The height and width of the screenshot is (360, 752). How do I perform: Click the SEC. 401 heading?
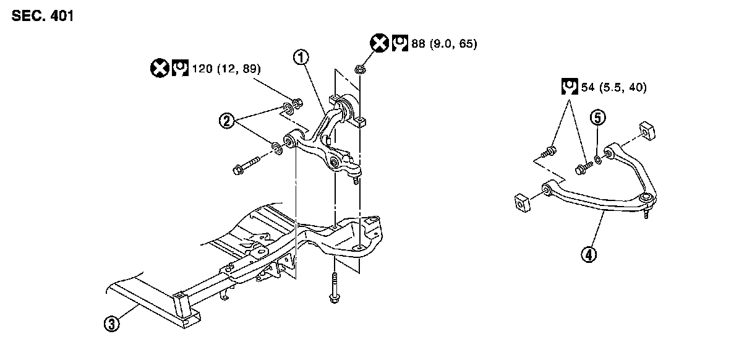coord(42,17)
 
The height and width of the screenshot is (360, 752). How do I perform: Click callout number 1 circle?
coord(301,58)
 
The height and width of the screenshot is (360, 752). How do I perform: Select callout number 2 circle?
coord(226,121)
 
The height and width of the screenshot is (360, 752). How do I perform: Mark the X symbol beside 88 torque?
coord(378,44)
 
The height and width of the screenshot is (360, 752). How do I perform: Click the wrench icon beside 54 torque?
coord(568,87)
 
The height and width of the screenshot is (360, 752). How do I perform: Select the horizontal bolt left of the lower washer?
coord(246,166)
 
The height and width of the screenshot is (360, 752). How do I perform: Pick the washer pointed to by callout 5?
coord(598,161)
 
